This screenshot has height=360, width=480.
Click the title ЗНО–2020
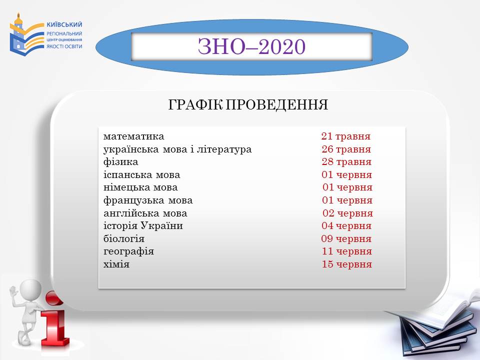tap(251, 46)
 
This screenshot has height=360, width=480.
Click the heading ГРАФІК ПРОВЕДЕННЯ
tap(248, 104)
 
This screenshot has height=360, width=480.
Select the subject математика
tap(134, 136)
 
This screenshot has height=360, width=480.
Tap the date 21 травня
tap(346, 136)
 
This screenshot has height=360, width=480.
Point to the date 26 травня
tap(346, 149)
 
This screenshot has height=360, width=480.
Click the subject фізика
tap(120, 162)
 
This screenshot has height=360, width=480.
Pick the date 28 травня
tap(346, 162)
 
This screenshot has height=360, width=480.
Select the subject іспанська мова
tap(141, 175)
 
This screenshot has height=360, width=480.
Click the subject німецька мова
tap(140, 187)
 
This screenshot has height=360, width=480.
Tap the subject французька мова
tap(148, 200)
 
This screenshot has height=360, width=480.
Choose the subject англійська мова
tap(145, 213)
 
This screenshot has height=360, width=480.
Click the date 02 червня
tap(348, 213)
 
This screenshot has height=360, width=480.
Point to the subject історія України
tap(143, 226)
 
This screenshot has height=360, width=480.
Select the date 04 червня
tap(346, 226)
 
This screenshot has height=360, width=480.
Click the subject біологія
tap(123, 239)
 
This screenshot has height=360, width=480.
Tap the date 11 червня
tap(347, 251)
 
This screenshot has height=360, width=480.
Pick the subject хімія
tap(116, 264)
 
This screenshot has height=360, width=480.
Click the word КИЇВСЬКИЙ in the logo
tap(64, 24)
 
